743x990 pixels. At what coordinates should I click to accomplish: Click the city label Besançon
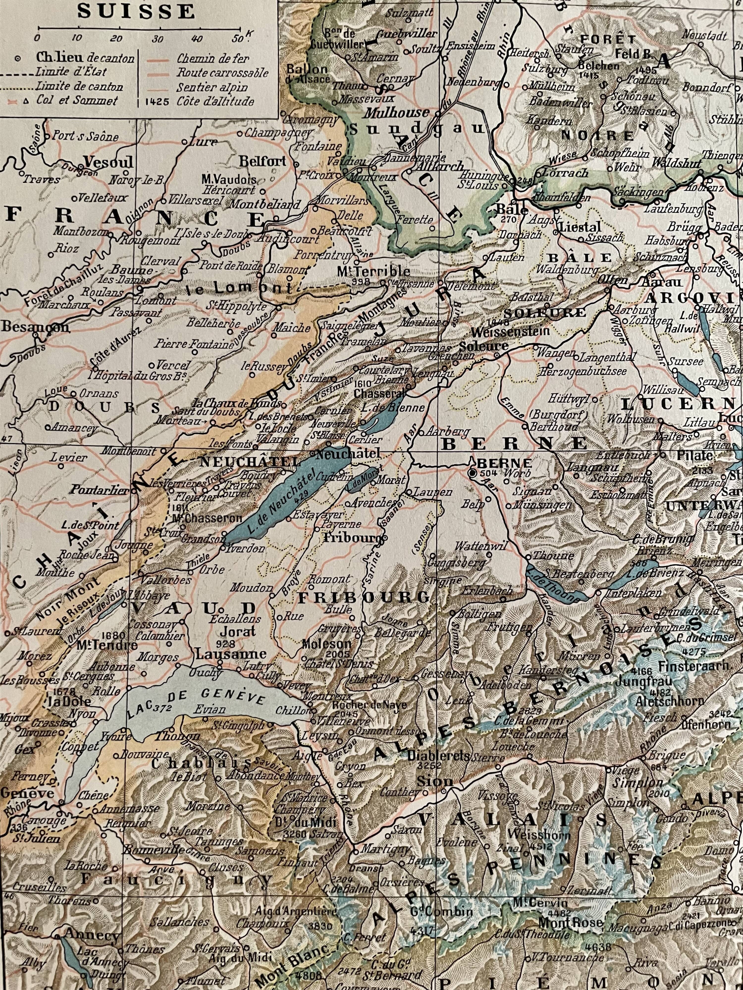pyautogui.click(x=36, y=327)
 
